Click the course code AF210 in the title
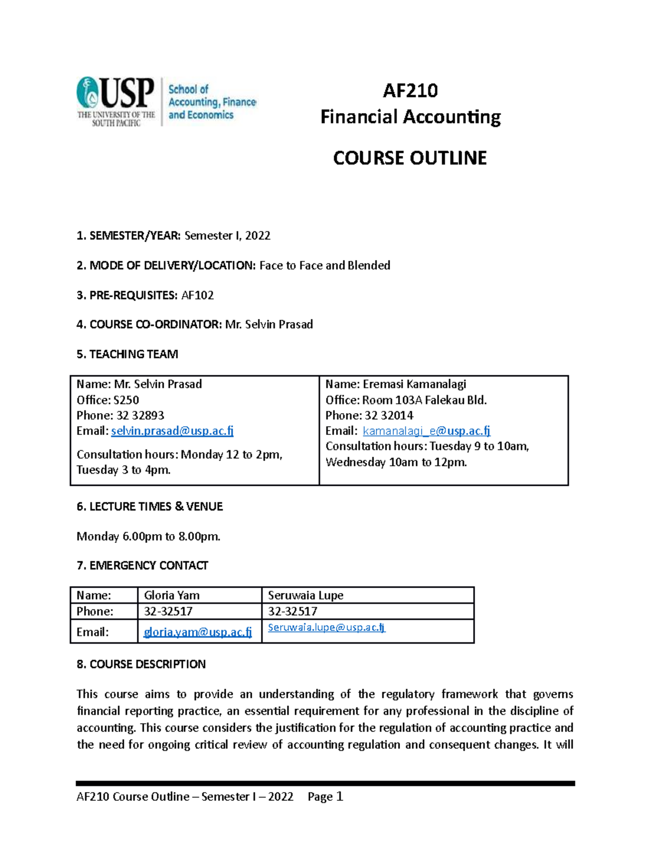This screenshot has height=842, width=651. [410, 91]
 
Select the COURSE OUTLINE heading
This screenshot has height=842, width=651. [410, 158]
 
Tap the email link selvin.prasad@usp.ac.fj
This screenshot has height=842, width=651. [172, 431]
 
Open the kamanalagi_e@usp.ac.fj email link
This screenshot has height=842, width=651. [426, 431]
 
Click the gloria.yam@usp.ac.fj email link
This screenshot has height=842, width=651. [197, 632]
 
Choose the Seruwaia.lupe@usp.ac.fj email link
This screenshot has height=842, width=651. [327, 627]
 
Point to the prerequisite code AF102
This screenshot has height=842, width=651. [197, 295]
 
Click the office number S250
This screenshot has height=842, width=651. [126, 400]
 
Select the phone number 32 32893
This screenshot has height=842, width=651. [140, 415]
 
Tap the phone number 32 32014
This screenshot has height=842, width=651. [388, 415]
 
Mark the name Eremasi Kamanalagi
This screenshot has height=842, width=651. [414, 384]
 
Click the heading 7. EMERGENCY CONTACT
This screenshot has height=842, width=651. [142, 565]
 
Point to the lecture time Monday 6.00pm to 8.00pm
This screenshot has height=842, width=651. [148, 537]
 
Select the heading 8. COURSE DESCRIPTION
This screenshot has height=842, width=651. [141, 664]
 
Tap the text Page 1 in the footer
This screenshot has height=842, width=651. [325, 796]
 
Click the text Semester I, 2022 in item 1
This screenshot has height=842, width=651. [227, 236]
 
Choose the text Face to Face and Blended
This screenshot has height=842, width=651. [324, 266]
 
